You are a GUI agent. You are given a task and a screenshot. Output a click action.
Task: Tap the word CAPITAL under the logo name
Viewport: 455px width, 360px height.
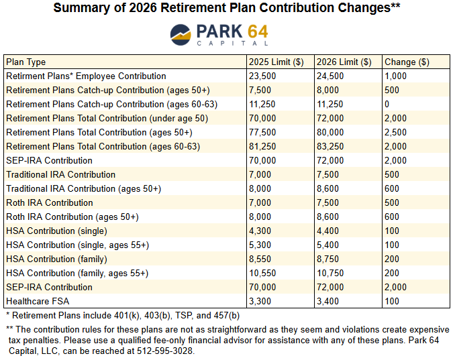228,43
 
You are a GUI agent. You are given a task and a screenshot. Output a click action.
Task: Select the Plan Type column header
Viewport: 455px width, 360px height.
26,62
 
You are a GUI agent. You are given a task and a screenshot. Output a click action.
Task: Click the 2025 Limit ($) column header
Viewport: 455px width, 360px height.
277,62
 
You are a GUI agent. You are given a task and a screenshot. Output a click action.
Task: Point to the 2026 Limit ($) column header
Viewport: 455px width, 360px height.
344,62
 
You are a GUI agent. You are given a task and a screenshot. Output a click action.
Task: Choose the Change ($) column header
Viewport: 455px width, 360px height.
407,62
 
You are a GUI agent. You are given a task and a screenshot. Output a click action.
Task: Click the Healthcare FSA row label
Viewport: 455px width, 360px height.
38,301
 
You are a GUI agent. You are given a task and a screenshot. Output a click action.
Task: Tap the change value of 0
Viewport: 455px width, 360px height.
387,104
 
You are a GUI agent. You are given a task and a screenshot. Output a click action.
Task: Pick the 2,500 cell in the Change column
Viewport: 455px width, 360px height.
395,132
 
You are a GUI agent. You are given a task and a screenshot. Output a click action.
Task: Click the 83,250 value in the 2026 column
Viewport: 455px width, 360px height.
330,146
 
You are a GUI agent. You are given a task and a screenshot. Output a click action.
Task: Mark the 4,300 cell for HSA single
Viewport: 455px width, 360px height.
260,231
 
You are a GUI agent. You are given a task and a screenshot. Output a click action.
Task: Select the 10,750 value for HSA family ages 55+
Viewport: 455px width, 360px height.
330,273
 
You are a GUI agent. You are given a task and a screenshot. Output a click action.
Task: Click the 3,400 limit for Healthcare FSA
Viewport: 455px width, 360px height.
327,301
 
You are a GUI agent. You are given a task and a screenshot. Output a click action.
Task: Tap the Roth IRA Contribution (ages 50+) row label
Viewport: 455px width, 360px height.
72,217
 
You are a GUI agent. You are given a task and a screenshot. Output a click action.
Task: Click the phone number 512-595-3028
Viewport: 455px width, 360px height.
165,351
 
